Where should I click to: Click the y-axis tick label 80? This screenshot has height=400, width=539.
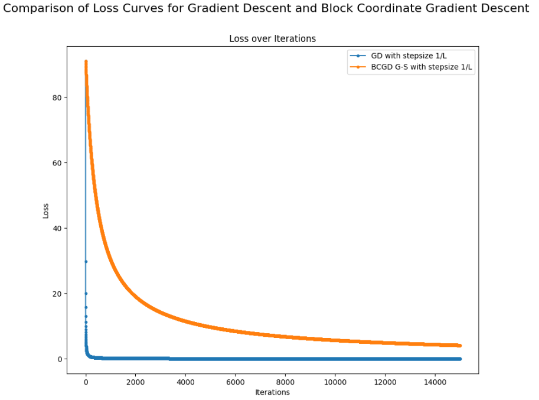click(x=56, y=97)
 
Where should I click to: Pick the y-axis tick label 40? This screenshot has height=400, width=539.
click(x=56, y=228)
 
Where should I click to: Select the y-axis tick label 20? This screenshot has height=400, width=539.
click(x=56, y=294)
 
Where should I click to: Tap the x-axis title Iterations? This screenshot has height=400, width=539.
click(x=272, y=392)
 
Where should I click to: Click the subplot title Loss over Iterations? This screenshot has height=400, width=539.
click(x=272, y=38)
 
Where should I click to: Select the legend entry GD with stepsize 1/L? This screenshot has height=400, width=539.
click(x=408, y=56)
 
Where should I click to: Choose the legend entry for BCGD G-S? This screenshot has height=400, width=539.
click(x=422, y=67)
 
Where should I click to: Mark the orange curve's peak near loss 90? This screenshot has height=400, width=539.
click(x=86, y=61)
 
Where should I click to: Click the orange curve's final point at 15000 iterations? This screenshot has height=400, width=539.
click(x=459, y=346)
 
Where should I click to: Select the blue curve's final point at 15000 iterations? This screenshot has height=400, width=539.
click(x=459, y=359)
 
